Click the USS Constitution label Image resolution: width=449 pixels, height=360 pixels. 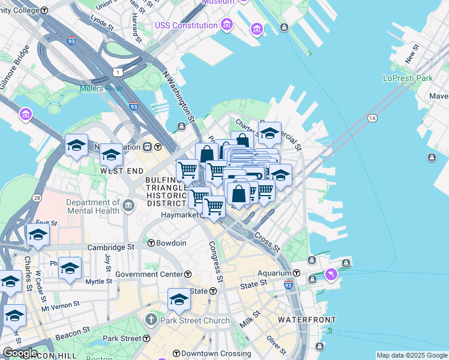[186, 25]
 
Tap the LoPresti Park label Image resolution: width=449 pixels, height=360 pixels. [408, 78]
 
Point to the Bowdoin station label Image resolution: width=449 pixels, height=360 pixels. [171, 243]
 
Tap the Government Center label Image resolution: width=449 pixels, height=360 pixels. [149, 274]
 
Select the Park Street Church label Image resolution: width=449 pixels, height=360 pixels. [196, 320]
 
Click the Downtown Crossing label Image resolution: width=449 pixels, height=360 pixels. [208, 353]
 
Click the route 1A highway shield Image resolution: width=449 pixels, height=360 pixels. [372, 118]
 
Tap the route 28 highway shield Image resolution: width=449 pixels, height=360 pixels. [37, 197]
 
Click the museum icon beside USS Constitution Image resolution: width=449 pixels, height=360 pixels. [227, 25]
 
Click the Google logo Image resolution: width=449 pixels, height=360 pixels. [20, 353]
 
